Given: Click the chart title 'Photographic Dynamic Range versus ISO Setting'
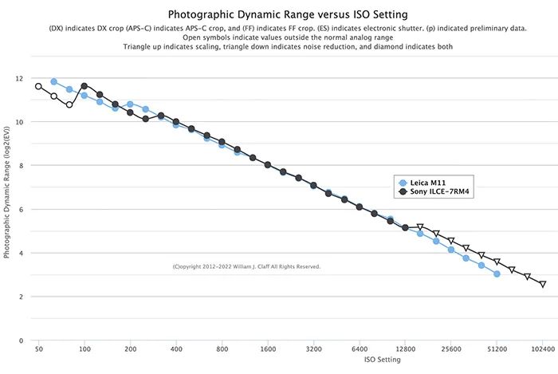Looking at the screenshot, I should [278, 14].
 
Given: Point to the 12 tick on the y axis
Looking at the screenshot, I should [18, 79].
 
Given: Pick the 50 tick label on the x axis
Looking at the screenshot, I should [38, 349].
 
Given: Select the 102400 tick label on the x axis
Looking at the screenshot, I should [543, 349].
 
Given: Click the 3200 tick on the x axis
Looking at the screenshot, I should [313, 349].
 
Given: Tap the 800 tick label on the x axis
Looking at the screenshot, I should [222, 349].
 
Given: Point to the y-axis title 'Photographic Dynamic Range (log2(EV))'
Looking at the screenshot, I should [7, 209].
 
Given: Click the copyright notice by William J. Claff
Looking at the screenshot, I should [246, 266].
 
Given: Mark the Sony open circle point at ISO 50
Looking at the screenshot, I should [38, 86].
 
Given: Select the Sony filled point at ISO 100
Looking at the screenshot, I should [84, 86].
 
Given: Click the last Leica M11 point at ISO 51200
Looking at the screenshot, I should [497, 274].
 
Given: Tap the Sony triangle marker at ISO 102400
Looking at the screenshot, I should [543, 284].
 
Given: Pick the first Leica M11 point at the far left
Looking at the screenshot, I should [53, 81].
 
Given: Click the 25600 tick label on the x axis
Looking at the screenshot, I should [451, 349].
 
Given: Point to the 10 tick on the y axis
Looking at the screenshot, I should [18, 122].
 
